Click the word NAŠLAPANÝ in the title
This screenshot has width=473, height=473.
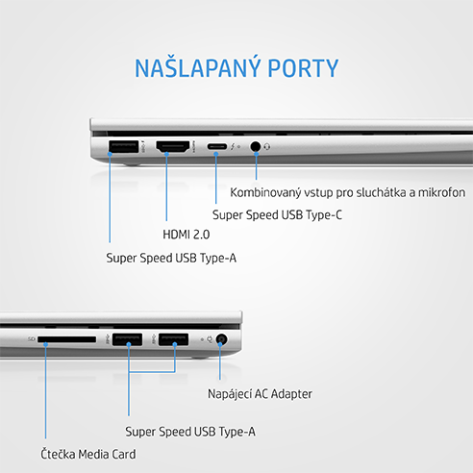click(x=197, y=68)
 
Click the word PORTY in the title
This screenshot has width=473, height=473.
click(x=303, y=68)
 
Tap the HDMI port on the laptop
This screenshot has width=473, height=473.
click(x=173, y=146)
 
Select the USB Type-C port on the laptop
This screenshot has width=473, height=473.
click(x=216, y=147)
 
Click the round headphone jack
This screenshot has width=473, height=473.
click(x=256, y=147)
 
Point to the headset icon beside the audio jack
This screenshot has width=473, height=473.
click(x=267, y=147)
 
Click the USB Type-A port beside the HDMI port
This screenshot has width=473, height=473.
click(x=123, y=147)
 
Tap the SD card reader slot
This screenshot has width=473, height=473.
click(x=66, y=339)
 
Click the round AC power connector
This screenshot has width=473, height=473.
click(x=221, y=339)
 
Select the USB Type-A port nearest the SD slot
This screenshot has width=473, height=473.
click(x=127, y=339)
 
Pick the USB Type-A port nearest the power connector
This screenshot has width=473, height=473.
click(x=173, y=339)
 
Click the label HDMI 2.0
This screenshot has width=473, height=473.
click(x=187, y=235)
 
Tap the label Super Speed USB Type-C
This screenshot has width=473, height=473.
click(x=277, y=214)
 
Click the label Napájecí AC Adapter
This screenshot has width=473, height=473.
click(x=260, y=394)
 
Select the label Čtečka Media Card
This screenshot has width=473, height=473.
click(x=88, y=454)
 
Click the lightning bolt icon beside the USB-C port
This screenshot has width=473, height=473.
click(x=233, y=147)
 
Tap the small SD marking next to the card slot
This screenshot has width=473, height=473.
click(x=32, y=338)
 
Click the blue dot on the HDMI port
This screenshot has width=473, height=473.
click(x=166, y=154)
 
